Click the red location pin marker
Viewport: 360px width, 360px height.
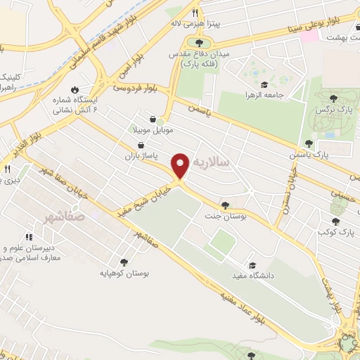(x=181, y=165)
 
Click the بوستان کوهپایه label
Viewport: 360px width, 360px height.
(x=124, y=271)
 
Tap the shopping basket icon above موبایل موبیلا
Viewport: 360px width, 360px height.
(x=153, y=119)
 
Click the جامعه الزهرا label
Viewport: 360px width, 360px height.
(x=263, y=94)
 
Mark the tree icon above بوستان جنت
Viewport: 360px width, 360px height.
(x=225, y=205)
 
